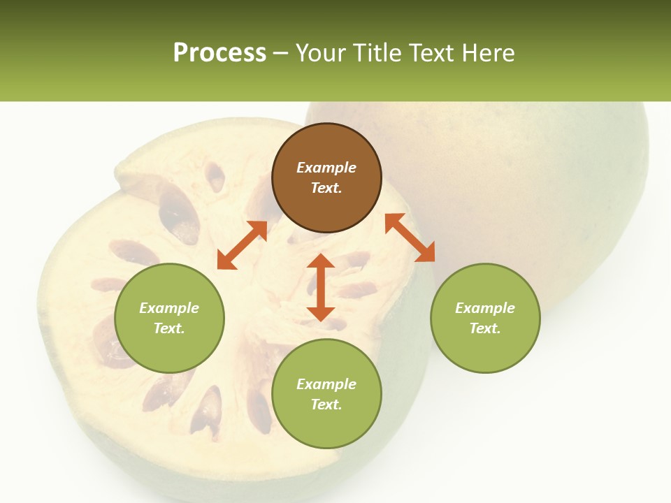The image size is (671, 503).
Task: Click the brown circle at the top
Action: pyautogui.click(x=326, y=178)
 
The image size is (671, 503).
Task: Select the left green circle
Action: pyautogui.click(x=169, y=318)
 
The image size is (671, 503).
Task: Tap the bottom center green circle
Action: pyautogui.click(x=326, y=394)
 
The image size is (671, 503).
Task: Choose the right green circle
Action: pyautogui.click(x=485, y=318)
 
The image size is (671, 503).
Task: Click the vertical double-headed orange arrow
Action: pyautogui.click(x=321, y=287)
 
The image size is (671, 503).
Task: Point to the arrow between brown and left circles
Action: pyautogui.click(x=242, y=245)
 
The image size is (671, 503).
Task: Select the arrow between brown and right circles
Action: pyautogui.click(x=410, y=238)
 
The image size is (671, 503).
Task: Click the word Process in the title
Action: pyautogui.click(x=219, y=53)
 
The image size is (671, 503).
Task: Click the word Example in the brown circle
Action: pyautogui.click(x=326, y=168)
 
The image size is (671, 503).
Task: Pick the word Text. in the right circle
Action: pyautogui.click(x=485, y=328)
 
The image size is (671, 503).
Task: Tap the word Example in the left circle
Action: pyautogui.click(x=169, y=308)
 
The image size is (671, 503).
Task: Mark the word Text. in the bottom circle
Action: pyautogui.click(x=326, y=404)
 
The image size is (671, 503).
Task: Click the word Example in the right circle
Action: pyautogui.click(x=485, y=308)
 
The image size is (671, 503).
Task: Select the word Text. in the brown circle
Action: pyautogui.click(x=326, y=188)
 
